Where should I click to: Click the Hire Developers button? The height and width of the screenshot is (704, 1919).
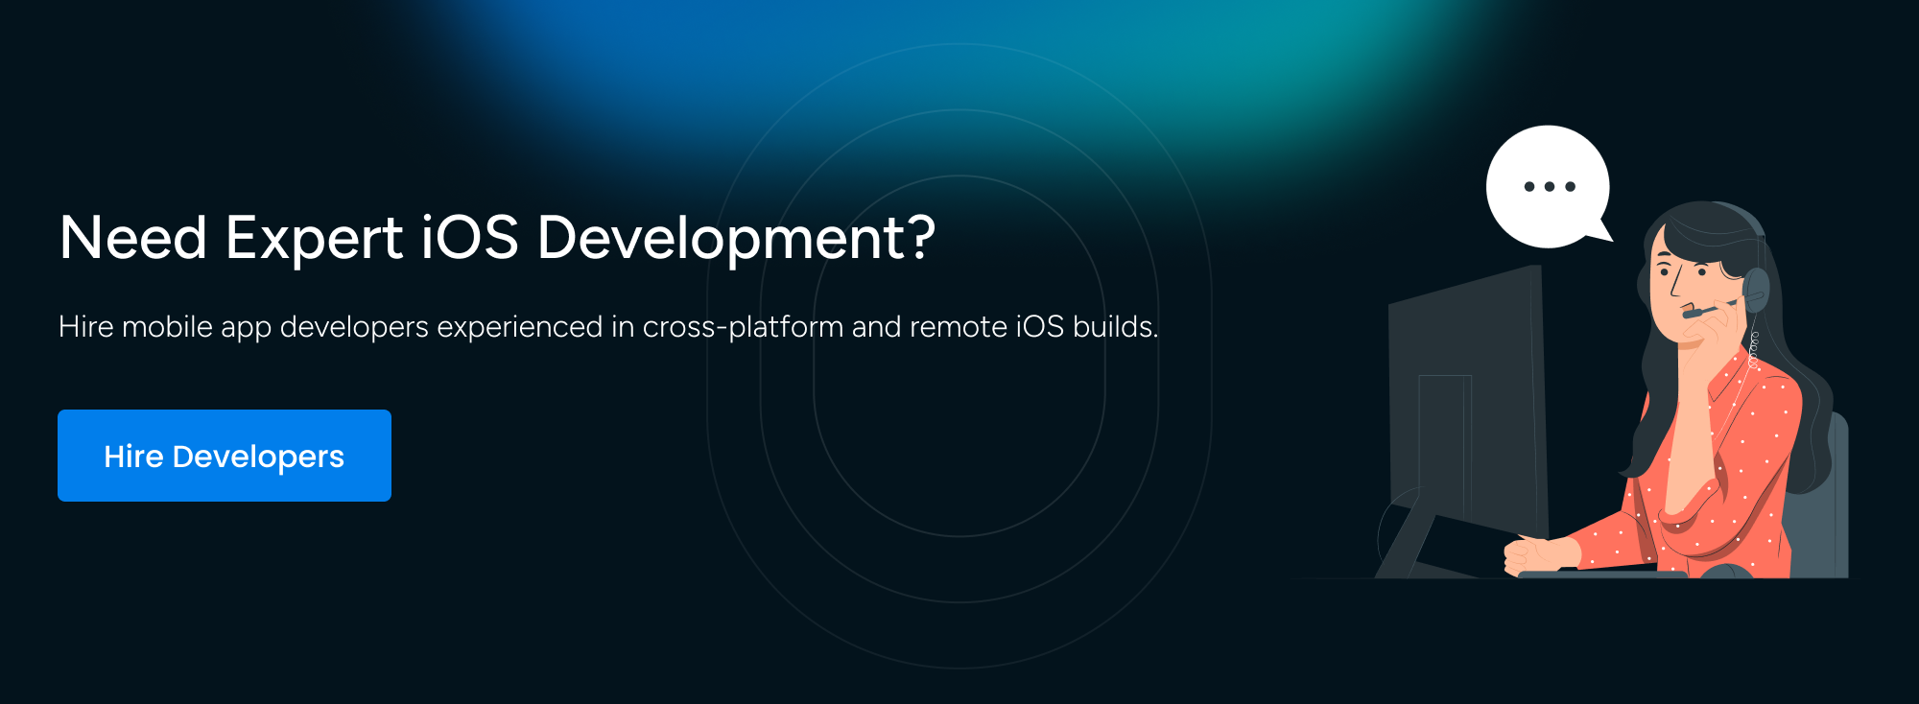click(225, 456)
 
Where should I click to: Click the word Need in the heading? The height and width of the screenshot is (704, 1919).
click(133, 238)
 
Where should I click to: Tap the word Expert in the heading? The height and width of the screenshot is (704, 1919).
click(314, 238)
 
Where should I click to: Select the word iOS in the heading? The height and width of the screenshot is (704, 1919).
click(470, 238)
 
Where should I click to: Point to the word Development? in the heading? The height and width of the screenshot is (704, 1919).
click(736, 238)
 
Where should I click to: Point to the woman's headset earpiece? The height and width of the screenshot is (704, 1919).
click(1756, 288)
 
